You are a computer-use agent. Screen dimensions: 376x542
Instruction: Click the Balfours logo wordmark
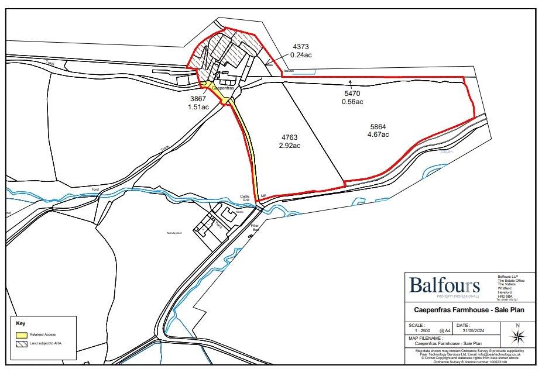444,286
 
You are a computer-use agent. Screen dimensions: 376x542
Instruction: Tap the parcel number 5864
379,126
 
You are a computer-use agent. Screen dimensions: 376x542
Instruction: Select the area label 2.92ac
290,146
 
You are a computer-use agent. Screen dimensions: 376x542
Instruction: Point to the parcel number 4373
301,47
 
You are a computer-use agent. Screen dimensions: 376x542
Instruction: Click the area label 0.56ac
352,102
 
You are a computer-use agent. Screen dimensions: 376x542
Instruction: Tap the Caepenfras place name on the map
222,88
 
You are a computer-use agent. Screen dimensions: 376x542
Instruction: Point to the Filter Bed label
255,227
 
